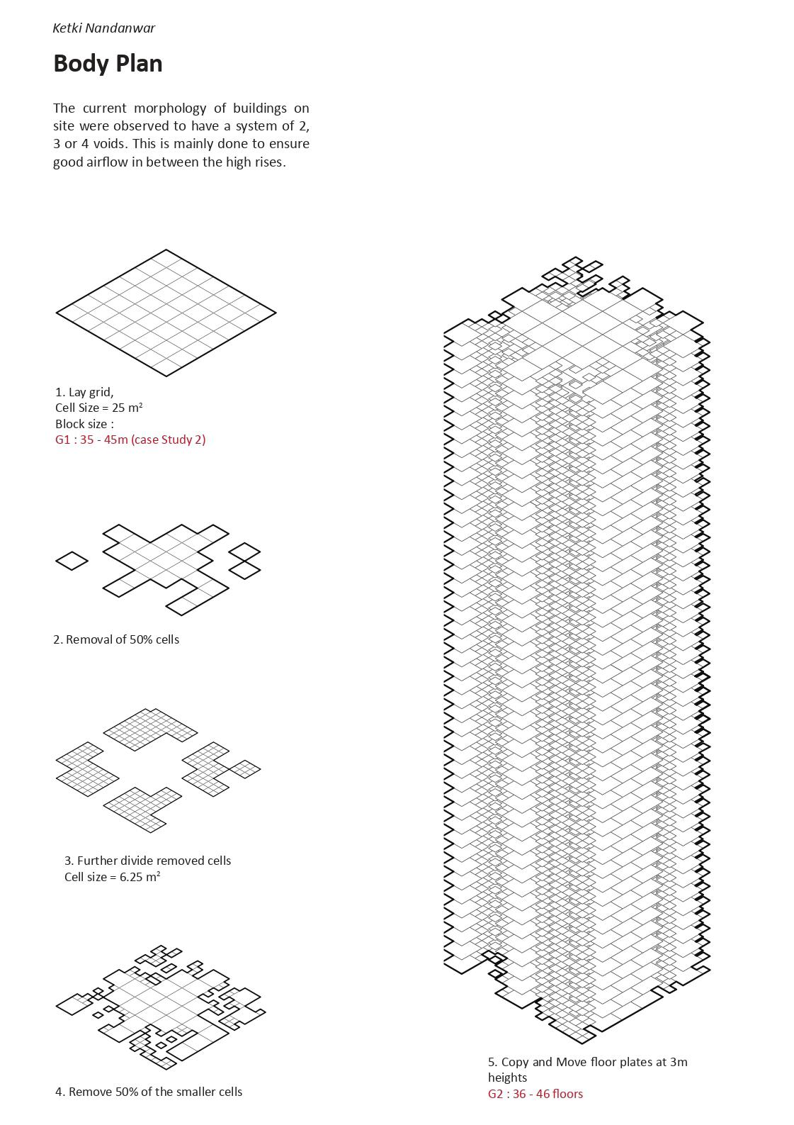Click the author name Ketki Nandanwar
tap(103, 28)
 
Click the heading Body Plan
tap(108, 64)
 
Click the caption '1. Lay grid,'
tap(84, 391)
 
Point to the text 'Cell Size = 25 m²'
tap(98, 408)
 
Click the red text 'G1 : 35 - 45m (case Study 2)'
tap(130, 440)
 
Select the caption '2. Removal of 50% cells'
tap(116, 639)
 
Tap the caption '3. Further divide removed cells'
tap(147, 861)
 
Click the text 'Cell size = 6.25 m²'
tap(112, 877)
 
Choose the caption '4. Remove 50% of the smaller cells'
tap(149, 1092)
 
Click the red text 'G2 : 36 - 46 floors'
tap(535, 1094)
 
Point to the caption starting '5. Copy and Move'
tap(587, 1062)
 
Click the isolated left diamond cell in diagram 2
tap(72, 561)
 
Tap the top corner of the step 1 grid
tap(166, 250)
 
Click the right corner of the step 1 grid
tap(275, 312)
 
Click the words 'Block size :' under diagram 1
tap(84, 424)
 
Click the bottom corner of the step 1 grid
tap(166, 375)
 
